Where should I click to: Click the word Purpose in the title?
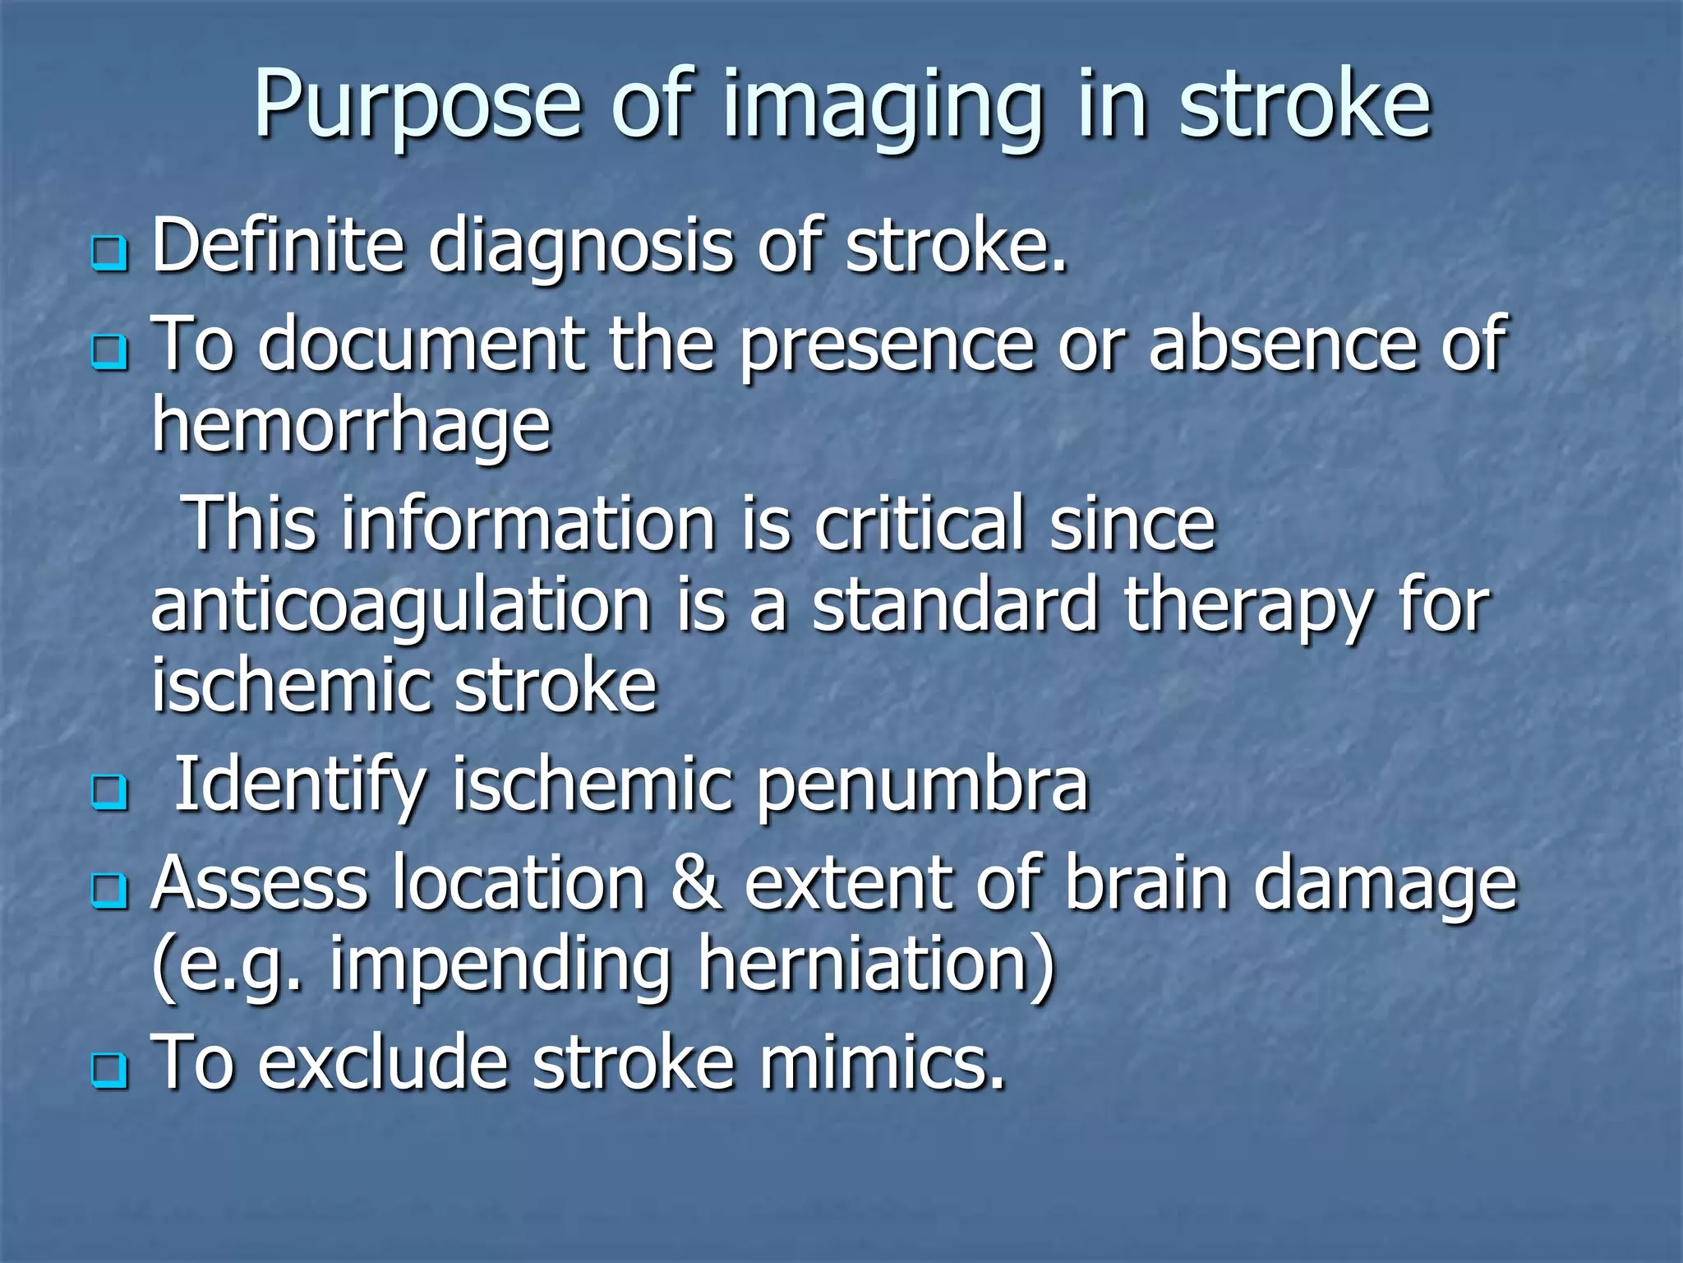[x=417, y=107]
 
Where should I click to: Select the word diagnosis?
[x=580, y=247]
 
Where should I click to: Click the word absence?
[x=1283, y=345]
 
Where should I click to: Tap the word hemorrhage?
[x=352, y=428]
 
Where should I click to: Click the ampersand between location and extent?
[x=696, y=883]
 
